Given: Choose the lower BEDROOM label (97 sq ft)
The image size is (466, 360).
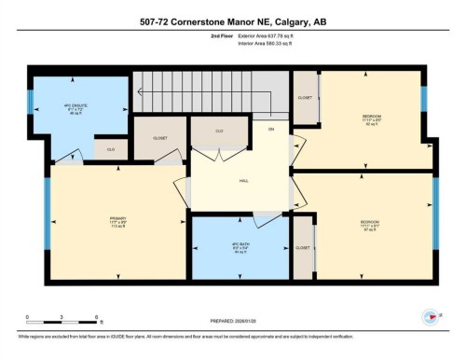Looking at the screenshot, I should coord(371,224).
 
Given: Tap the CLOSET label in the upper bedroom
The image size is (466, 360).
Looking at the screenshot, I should coord(305,97).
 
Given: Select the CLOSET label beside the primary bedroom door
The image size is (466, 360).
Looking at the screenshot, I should coord(160,138).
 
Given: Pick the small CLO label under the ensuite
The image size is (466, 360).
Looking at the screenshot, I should coord(110,149).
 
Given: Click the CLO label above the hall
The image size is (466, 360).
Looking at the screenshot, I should coord(219,132).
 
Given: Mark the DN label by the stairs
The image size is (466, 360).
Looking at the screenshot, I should coord(270,128).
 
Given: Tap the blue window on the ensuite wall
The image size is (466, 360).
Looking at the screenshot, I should coord(30,103).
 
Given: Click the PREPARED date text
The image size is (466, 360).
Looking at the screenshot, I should coord(233,322).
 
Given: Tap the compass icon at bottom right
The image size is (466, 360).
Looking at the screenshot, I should coord(429,317).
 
